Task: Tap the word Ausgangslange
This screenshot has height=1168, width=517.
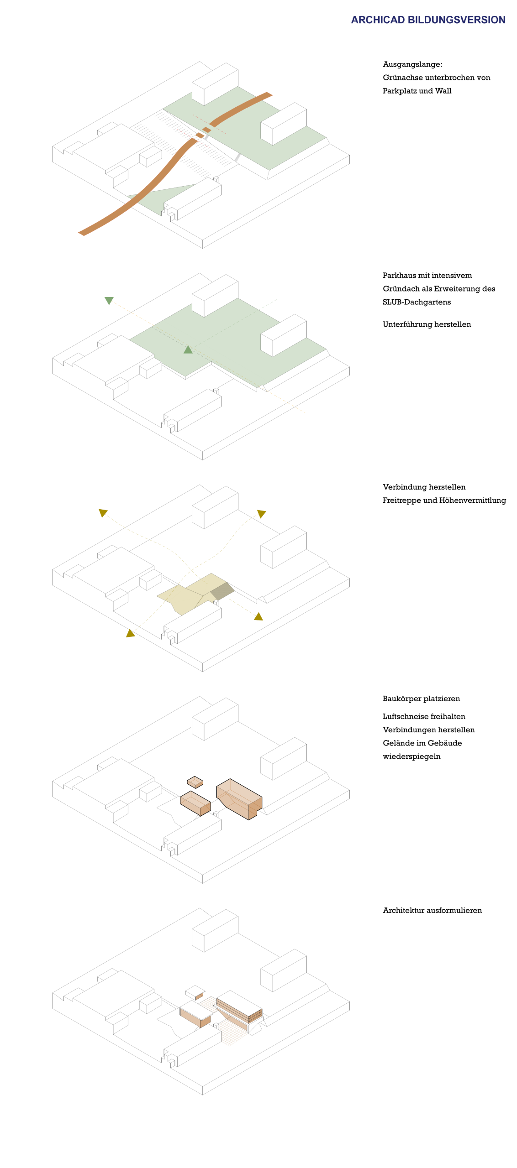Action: pyautogui.click(x=412, y=64)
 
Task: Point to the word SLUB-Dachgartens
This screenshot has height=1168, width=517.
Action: pyautogui.click(x=417, y=302)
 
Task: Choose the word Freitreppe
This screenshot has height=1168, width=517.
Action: pyautogui.click(x=401, y=501)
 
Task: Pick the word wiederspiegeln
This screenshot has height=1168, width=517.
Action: pyautogui.click(x=411, y=756)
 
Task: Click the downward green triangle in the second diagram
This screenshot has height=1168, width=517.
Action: pyautogui.click(x=109, y=300)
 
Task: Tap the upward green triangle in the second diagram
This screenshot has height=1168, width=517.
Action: pyautogui.click(x=188, y=349)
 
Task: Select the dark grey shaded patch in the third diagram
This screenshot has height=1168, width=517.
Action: pyautogui.click(x=222, y=591)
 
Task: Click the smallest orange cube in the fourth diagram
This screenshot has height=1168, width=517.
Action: pyautogui.click(x=195, y=782)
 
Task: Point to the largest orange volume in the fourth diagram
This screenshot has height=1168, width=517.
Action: pyautogui.click(x=239, y=799)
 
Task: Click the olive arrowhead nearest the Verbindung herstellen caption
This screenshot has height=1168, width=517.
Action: pyautogui.click(x=261, y=514)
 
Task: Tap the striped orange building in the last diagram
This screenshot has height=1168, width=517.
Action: pyautogui.click(x=239, y=1007)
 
